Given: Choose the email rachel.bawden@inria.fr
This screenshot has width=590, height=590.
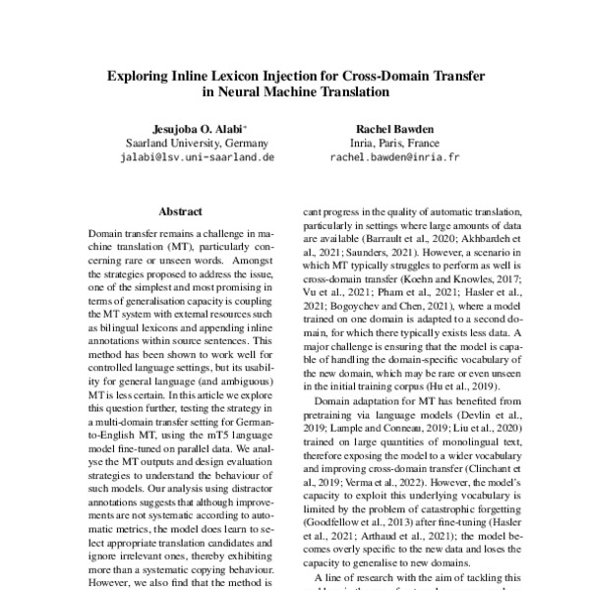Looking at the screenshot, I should click(x=393, y=156).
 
